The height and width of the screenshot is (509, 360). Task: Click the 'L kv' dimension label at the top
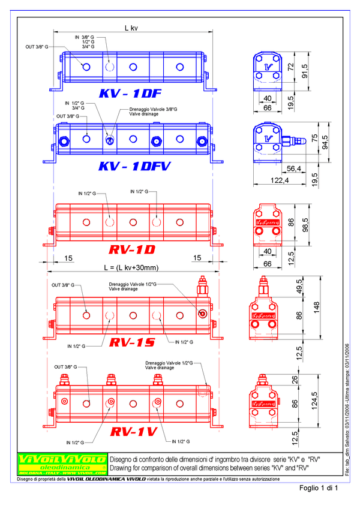coord(132,28)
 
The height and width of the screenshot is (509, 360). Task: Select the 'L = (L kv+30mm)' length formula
coord(131,267)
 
